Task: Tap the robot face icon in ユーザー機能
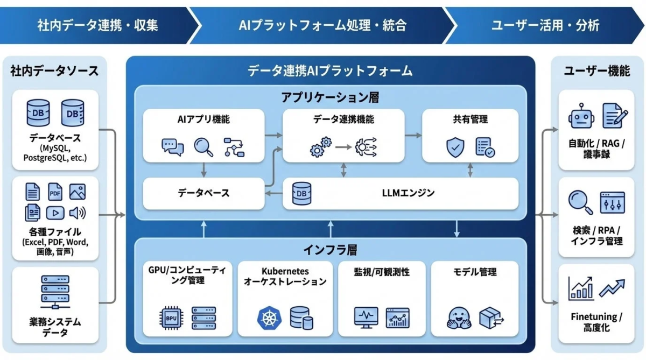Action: coord(580,116)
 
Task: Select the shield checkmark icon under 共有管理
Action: coord(455,147)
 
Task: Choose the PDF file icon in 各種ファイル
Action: coord(55,192)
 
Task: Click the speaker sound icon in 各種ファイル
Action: coord(78,213)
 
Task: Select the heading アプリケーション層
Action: coord(329,97)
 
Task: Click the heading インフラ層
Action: coord(329,250)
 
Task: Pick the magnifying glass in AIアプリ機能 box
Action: coord(203,146)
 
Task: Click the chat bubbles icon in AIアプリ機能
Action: coord(172,147)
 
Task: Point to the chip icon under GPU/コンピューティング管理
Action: coord(171,318)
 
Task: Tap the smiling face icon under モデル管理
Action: coord(459,318)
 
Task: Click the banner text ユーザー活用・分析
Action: coord(545,25)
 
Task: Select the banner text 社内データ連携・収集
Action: coord(97,25)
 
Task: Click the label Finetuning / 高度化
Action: coord(596,322)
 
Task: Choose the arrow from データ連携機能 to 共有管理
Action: coord(413,135)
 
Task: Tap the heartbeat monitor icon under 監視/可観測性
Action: coord(366,317)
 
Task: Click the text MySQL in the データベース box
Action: coord(55,148)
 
